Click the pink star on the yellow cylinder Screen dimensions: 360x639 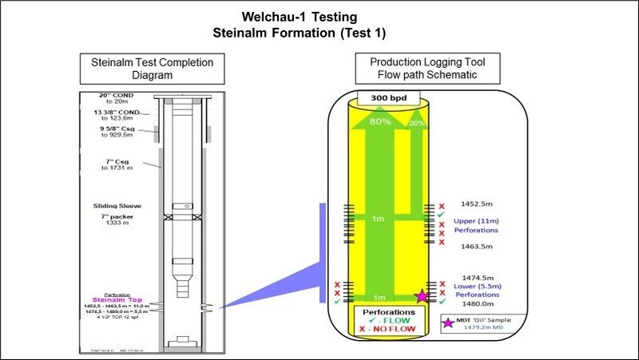423,297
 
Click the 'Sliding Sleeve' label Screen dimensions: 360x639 117,205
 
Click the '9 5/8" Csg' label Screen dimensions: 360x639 113,128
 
